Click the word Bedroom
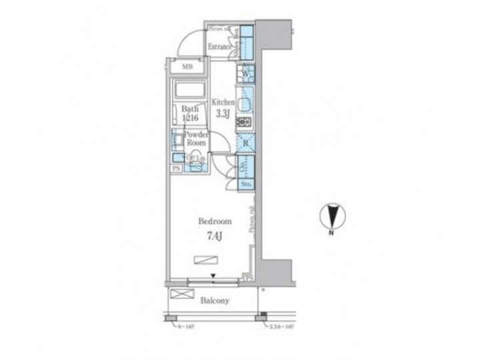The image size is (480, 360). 215,221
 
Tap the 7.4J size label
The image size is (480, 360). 215,235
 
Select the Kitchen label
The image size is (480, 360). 223,102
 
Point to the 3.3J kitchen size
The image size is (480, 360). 221,113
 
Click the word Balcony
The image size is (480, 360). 215,301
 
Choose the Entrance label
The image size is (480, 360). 220,47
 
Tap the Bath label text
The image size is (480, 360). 189,109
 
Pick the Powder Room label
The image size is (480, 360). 197,138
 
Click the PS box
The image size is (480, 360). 176,169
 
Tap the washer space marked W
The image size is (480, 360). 245,73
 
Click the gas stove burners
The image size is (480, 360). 244,123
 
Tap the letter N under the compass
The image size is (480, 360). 331,231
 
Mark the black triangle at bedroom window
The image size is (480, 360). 213,276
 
